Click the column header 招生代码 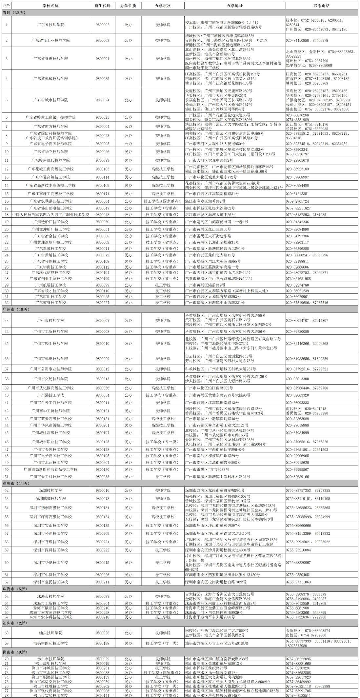tap(103, 6)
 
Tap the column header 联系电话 tap(321, 6)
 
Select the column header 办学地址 tap(234, 6)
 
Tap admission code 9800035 tap(103, 79)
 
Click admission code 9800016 tap(103, 490)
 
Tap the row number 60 tap(7, 563)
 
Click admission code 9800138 tap(103, 644)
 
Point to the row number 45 tap(7, 433)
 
